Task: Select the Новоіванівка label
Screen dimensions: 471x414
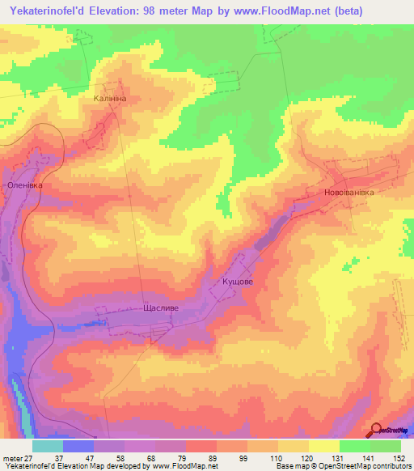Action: tap(349, 193)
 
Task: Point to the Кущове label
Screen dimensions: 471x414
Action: tap(238, 282)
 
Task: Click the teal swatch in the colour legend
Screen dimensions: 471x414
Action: tap(48, 446)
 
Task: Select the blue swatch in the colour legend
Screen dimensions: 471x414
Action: tap(78, 446)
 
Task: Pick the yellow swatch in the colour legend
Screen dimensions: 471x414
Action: tap(324, 446)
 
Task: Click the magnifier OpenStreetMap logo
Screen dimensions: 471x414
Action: tap(377, 431)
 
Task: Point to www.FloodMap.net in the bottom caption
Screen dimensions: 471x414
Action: tap(183, 466)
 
